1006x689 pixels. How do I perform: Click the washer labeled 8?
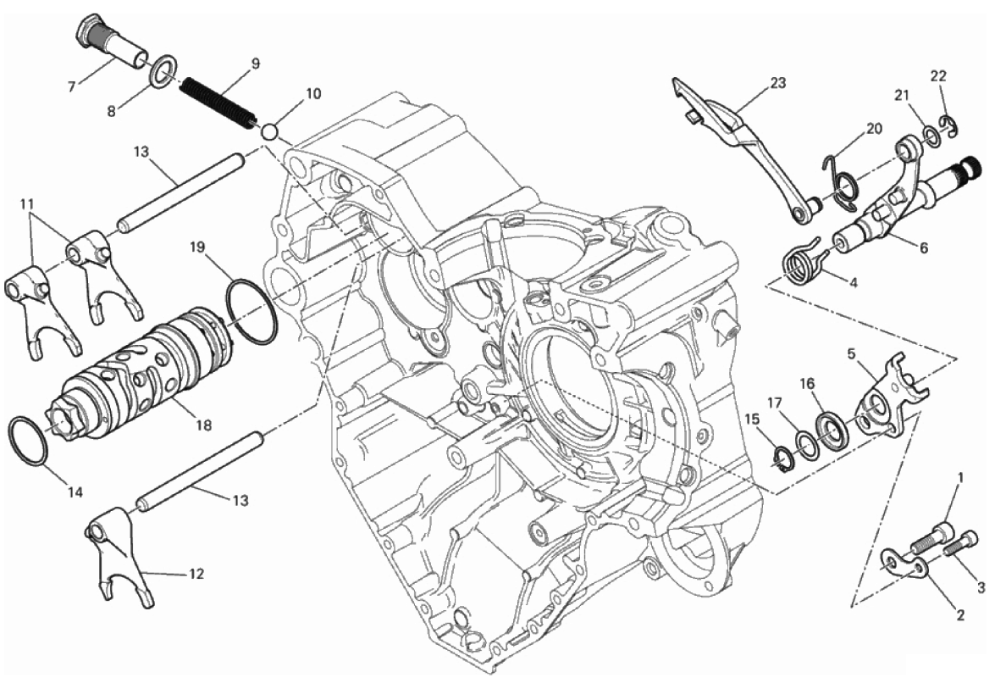tap(163, 71)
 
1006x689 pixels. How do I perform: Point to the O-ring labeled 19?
tap(251, 311)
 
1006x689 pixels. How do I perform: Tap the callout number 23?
tap(778, 83)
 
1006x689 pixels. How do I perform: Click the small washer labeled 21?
tap(929, 133)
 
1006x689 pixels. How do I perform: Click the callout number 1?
tap(960, 478)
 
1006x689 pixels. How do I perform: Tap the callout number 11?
tap(27, 204)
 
